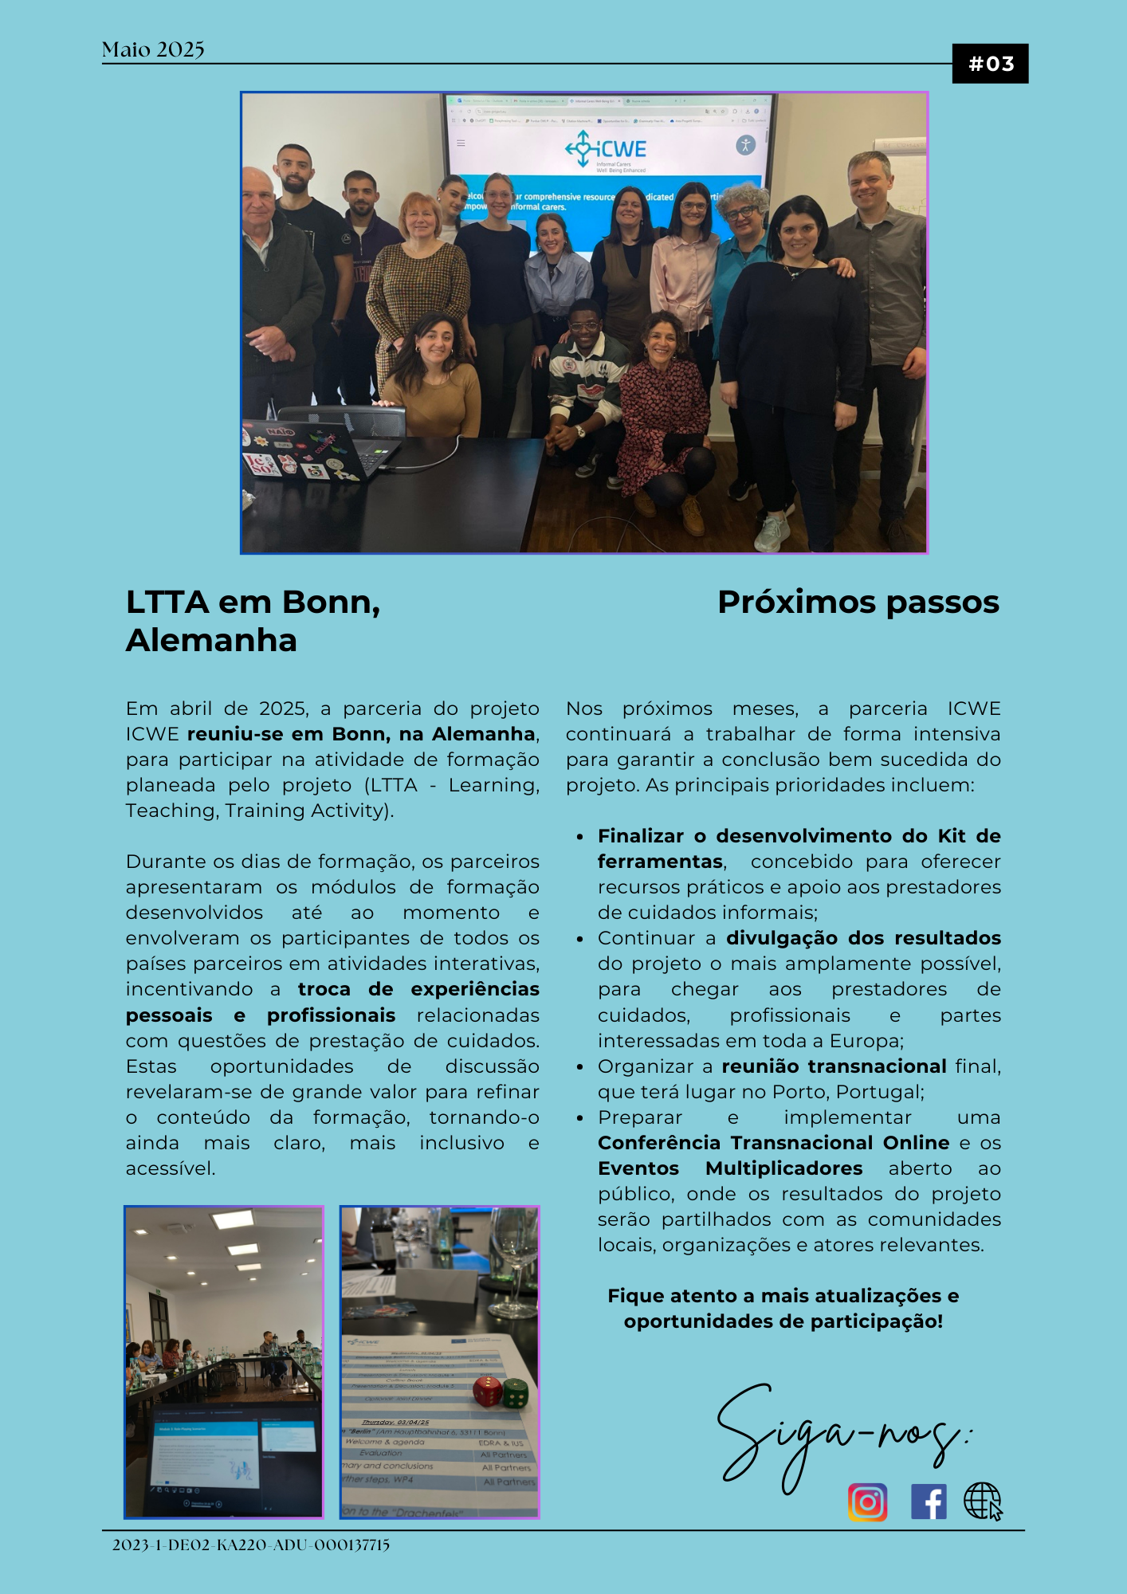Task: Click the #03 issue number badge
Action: pos(990,64)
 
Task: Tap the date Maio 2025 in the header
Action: pos(153,49)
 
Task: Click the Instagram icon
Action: pos(867,1502)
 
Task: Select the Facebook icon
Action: pos(929,1502)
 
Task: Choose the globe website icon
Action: pos(983,1502)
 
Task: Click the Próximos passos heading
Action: pos(858,602)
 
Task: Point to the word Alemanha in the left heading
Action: pos(211,640)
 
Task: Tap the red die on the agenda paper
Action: pos(487,1392)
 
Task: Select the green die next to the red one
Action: pos(515,1392)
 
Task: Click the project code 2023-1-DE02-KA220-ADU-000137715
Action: pos(250,1545)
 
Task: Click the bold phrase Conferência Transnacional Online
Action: pos(773,1143)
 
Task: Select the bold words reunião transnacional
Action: pos(834,1066)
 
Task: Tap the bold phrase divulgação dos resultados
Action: pos(863,938)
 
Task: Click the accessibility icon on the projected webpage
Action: pos(745,145)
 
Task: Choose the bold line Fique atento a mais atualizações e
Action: pos(783,1296)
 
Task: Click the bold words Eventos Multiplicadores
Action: pos(730,1168)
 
